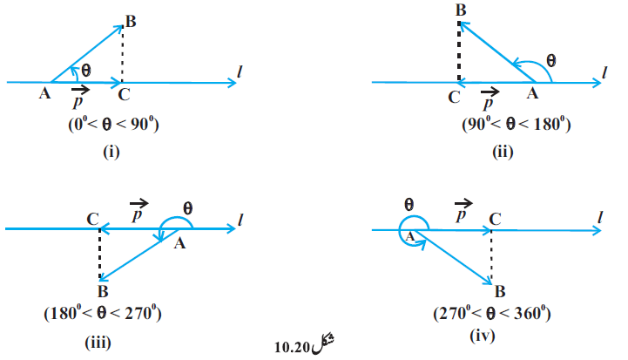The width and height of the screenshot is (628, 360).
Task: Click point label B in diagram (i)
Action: (x=131, y=21)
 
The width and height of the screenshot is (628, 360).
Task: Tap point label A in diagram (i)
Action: (x=44, y=93)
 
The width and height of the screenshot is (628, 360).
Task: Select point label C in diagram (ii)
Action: (x=454, y=98)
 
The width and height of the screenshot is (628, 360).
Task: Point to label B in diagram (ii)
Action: (x=461, y=10)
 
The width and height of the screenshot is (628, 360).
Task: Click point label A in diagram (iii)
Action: (x=179, y=243)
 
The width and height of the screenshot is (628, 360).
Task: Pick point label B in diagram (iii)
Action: (x=103, y=291)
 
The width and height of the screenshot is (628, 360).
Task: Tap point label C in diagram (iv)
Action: (x=495, y=220)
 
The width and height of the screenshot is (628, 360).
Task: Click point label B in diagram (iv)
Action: (x=500, y=291)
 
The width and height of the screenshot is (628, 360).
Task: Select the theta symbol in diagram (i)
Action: (x=86, y=71)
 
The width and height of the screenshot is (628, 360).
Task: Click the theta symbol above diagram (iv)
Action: (x=409, y=205)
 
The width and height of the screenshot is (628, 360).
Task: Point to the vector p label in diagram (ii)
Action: (x=490, y=98)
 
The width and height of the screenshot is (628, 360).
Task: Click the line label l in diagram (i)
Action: (x=240, y=71)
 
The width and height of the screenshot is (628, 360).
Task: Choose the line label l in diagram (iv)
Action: (x=600, y=217)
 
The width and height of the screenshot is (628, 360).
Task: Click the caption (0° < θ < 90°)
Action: (x=113, y=125)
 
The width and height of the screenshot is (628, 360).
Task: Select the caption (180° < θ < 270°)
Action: (x=103, y=313)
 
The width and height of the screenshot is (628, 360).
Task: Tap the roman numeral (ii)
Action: (x=503, y=152)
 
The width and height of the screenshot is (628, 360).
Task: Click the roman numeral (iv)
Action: (x=483, y=335)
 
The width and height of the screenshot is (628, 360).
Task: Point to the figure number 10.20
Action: (x=292, y=347)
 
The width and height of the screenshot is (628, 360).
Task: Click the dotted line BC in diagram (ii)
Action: (x=459, y=51)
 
